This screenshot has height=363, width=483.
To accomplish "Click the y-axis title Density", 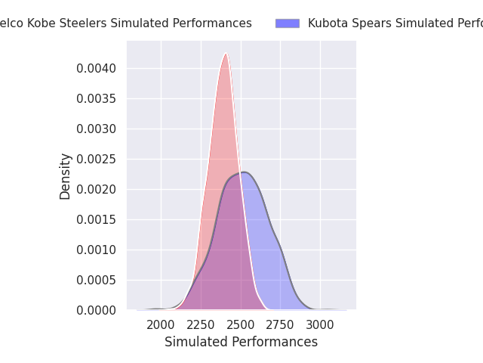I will [66, 176].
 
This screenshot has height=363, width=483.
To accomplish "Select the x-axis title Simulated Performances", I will [241, 343].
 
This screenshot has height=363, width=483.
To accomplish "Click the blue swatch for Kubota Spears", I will [287, 23].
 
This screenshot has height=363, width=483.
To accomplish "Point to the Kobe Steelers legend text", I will [125, 23].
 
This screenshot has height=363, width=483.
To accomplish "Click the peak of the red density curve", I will [226, 53].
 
